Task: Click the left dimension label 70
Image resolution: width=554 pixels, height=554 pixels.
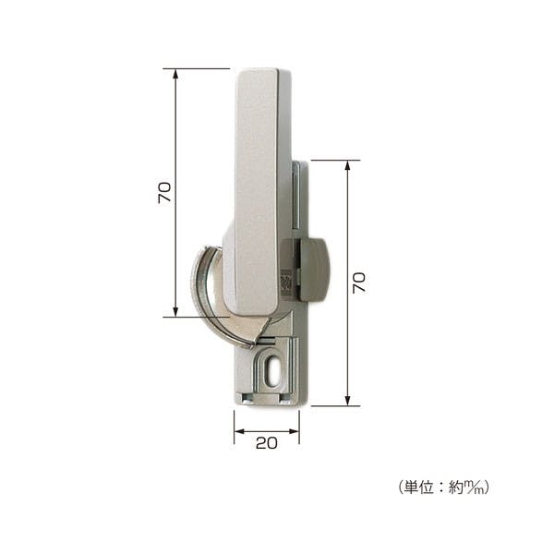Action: [164, 193]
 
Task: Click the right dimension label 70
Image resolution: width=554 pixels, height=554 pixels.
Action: [359, 283]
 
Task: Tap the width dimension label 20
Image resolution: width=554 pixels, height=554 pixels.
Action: [267, 443]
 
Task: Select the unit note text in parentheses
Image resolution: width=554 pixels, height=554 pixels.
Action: [443, 488]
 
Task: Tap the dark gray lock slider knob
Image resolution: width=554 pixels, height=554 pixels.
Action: [314, 270]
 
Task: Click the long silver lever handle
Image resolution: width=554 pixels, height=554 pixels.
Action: [256, 191]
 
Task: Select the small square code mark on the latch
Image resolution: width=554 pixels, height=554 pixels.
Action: [286, 283]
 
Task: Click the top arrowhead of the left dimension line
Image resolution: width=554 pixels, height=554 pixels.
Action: [175, 74]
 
